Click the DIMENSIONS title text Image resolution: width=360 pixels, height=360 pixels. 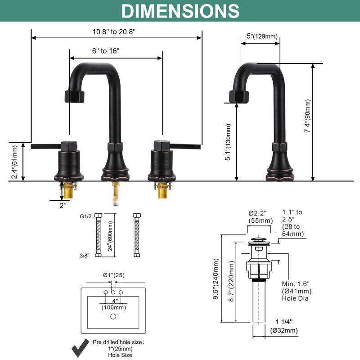coord(180,11)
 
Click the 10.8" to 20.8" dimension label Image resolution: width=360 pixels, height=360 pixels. coord(114,31)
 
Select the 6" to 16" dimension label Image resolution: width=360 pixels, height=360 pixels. coord(106,51)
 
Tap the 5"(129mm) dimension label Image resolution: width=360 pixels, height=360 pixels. coord(262,36)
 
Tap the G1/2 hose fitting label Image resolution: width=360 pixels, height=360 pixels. coord(85,216)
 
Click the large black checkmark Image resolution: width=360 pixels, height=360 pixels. coord(81,347)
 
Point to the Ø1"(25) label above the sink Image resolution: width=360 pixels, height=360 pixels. coord(113,274)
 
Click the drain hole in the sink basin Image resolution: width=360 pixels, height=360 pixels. coord(113,317)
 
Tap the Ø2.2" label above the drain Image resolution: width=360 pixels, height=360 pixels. coord(260,212)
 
